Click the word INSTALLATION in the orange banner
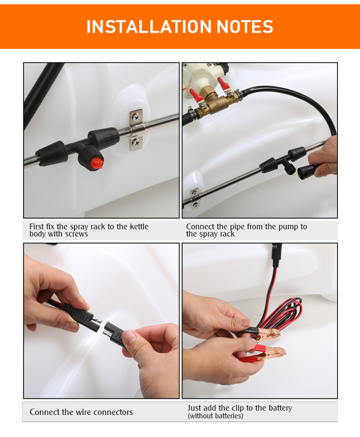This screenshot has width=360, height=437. coord(149,27)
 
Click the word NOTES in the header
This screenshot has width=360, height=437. coord(245,27)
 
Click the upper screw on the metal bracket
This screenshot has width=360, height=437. coord(136,118)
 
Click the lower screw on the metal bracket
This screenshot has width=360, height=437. coord(137,142)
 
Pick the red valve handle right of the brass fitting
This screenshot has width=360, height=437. coord(224,83)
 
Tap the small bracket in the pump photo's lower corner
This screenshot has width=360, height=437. coord(195,199)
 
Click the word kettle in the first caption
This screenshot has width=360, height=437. coord(138,226)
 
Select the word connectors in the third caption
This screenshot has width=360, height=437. coord(115,412)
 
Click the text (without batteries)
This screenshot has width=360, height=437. coord(215,416)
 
